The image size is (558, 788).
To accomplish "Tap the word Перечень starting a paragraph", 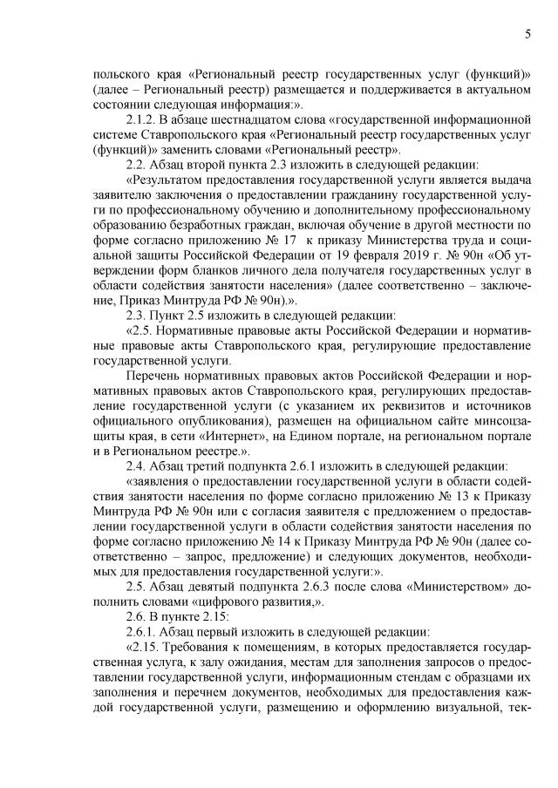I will [153, 375].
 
